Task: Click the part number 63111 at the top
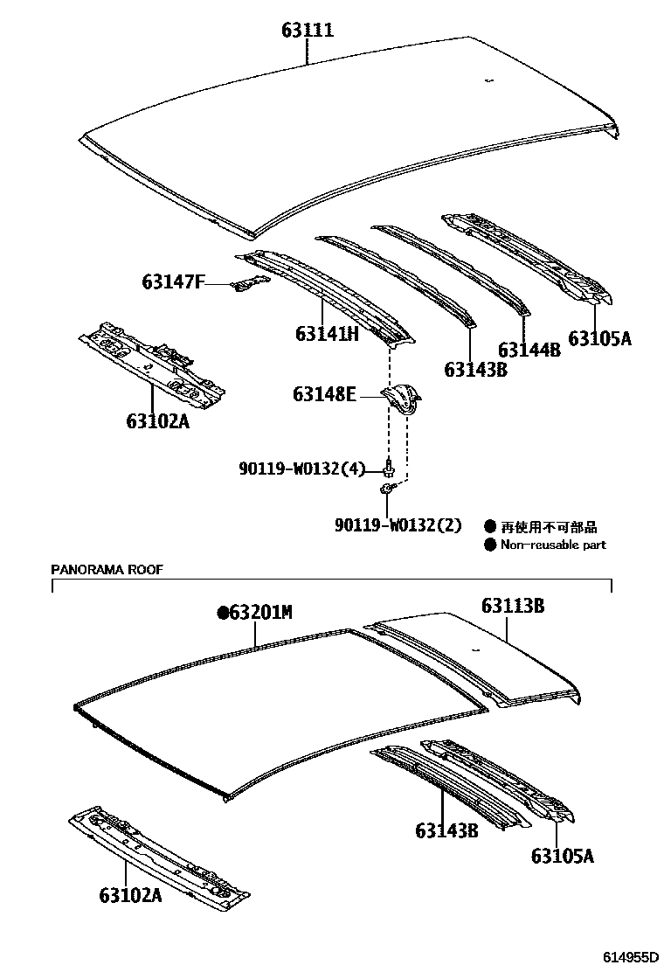[308, 31]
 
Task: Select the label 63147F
[173, 281]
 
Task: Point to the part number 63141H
[327, 334]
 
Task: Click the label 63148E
[324, 395]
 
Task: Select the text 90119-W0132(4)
[301, 469]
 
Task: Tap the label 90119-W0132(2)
[397, 524]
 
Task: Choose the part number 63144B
[529, 351]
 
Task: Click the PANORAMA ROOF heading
[107, 569]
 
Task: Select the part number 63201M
[260, 613]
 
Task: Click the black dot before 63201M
[223, 613]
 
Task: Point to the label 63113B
[513, 605]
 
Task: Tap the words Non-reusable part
[553, 545]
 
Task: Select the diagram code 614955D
[626, 957]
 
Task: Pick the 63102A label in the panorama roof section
[129, 895]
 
